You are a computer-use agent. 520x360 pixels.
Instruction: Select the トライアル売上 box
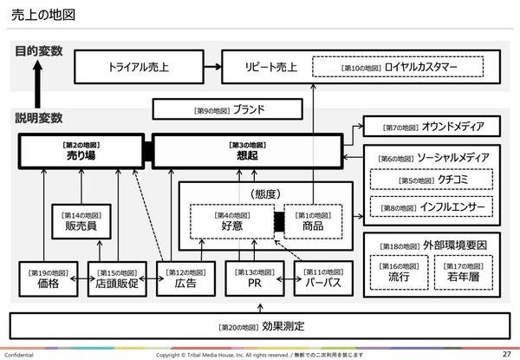pyautogui.click(x=140, y=66)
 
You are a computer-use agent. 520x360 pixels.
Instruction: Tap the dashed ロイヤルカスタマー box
pyautogui.click(x=401, y=66)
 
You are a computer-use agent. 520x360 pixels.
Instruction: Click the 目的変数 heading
pyautogui.click(x=39, y=51)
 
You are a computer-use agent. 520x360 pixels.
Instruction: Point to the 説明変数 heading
pyautogui.click(x=39, y=117)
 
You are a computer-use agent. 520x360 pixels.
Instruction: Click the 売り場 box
pyautogui.click(x=82, y=149)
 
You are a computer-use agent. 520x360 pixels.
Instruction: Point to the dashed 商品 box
pyautogui.click(x=312, y=220)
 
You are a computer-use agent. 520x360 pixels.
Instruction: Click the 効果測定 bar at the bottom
pyautogui.click(x=259, y=325)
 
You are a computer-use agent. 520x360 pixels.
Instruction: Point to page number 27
pyautogui.click(x=505, y=354)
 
